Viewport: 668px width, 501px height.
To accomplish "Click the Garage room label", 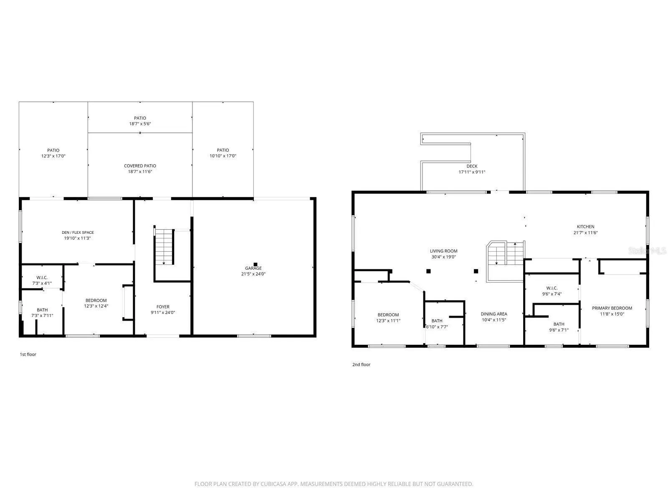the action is pyautogui.click(x=253, y=268).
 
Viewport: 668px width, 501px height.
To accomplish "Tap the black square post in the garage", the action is pyautogui.click(x=256, y=264).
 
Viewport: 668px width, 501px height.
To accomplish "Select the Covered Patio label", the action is pyautogui.click(x=140, y=166).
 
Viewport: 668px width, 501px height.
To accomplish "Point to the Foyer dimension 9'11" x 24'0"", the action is pyautogui.click(x=163, y=312).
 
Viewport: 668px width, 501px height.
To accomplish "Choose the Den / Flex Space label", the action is pyautogui.click(x=78, y=233).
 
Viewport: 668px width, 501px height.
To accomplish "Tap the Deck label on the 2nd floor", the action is pyautogui.click(x=472, y=166).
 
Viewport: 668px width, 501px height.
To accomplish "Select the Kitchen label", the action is pyautogui.click(x=585, y=227).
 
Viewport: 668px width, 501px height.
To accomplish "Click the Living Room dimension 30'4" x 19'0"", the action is pyautogui.click(x=443, y=257).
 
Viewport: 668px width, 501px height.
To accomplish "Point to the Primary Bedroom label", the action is pyautogui.click(x=612, y=308).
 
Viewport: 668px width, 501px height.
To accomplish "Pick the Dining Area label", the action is pyautogui.click(x=493, y=314).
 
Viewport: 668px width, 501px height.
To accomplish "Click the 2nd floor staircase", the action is pyautogui.click(x=505, y=261).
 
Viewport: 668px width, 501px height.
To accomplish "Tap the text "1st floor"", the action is pyautogui.click(x=28, y=354).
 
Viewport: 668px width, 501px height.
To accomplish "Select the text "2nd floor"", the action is pyautogui.click(x=361, y=364).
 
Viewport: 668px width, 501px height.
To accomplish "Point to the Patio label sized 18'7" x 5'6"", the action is pyautogui.click(x=140, y=118).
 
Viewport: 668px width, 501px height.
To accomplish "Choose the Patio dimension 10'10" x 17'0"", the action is pyautogui.click(x=223, y=156).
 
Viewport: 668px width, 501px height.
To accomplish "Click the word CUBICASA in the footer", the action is pyautogui.click(x=272, y=484).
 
